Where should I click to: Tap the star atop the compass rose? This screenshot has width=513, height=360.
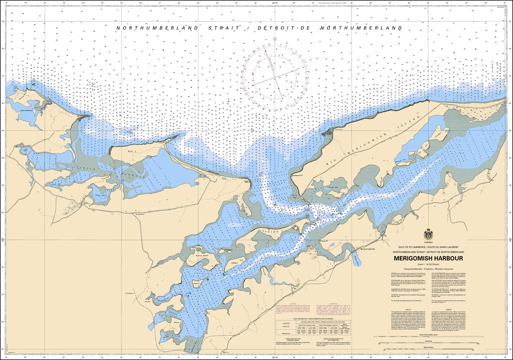(275, 39)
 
